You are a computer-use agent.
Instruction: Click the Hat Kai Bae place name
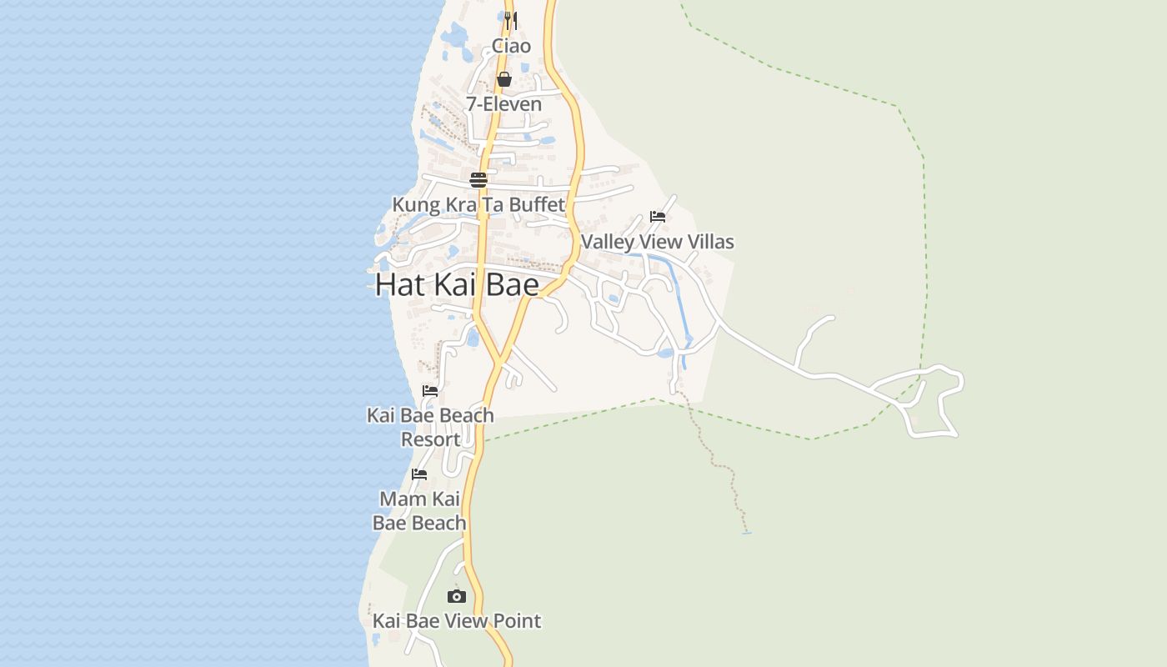point(457,284)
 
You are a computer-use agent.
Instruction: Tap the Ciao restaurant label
point(511,46)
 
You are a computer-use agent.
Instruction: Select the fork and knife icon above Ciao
point(511,19)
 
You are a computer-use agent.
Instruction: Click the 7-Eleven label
point(503,104)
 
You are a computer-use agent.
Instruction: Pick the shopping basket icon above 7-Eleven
point(504,79)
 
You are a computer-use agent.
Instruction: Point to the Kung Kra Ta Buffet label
point(478,204)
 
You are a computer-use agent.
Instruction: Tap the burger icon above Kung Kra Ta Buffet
point(478,179)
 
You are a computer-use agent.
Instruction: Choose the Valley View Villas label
point(658,242)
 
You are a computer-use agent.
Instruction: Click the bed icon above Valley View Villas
point(658,217)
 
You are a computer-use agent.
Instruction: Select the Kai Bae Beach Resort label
point(430,427)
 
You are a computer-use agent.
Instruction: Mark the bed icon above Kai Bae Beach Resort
point(430,390)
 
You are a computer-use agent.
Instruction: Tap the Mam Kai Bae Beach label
point(419,510)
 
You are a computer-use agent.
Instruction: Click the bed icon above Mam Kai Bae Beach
point(419,474)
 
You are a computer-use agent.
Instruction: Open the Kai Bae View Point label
point(457,621)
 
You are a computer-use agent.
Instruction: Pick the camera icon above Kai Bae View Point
point(456,596)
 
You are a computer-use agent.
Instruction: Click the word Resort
point(430,439)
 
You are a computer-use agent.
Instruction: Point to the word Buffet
point(536,204)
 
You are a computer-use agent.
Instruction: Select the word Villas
point(707,242)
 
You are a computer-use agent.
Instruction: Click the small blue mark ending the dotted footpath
point(746,533)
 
